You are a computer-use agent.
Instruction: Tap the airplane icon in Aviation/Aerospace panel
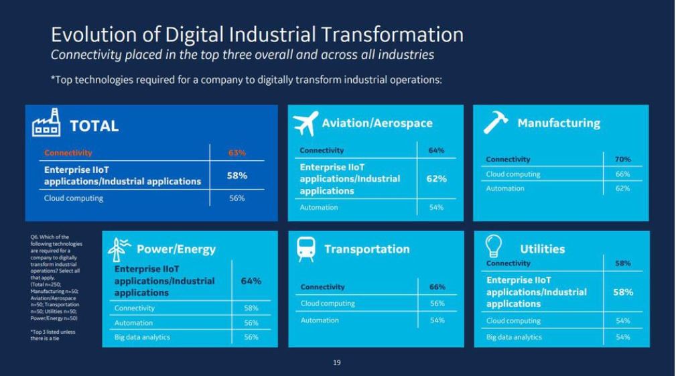click(306, 123)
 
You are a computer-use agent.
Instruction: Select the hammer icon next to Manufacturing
click(496, 123)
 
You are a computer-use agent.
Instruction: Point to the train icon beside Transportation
click(306, 249)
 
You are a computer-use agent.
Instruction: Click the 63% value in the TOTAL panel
click(237, 153)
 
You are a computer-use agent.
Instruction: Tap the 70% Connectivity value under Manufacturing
click(622, 160)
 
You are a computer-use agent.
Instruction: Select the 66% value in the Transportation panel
click(437, 287)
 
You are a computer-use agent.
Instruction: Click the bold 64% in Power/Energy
click(251, 281)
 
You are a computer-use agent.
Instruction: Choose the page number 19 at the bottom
click(337, 363)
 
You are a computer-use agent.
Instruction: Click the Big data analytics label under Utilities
click(514, 337)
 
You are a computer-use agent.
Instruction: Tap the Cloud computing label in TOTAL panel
click(74, 198)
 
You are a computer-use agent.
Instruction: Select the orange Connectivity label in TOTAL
click(68, 153)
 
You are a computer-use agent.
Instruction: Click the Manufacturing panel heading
click(559, 123)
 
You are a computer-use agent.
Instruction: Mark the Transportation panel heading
click(366, 249)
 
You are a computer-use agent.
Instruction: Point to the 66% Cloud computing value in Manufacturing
click(622, 174)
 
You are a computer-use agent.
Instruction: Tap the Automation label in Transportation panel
click(320, 320)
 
